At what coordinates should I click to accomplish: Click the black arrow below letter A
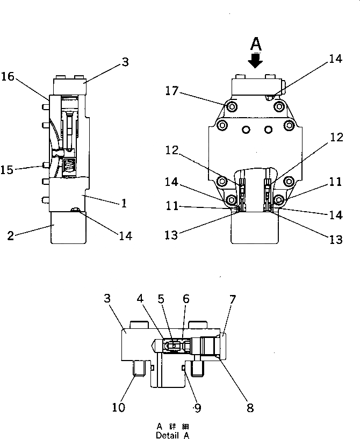(x=256, y=61)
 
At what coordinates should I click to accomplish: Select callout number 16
(x=8, y=76)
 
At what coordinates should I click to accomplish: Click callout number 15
(x=8, y=170)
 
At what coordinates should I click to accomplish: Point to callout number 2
(x=11, y=235)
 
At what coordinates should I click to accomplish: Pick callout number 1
(x=124, y=204)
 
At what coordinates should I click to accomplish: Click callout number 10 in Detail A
(x=118, y=408)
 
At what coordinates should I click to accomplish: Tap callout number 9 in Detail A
(x=198, y=408)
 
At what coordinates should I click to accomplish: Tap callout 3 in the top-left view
(x=125, y=62)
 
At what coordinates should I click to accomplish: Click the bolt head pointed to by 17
(x=232, y=107)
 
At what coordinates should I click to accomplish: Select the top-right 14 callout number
(x=335, y=59)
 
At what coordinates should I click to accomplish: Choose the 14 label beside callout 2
(x=124, y=235)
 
